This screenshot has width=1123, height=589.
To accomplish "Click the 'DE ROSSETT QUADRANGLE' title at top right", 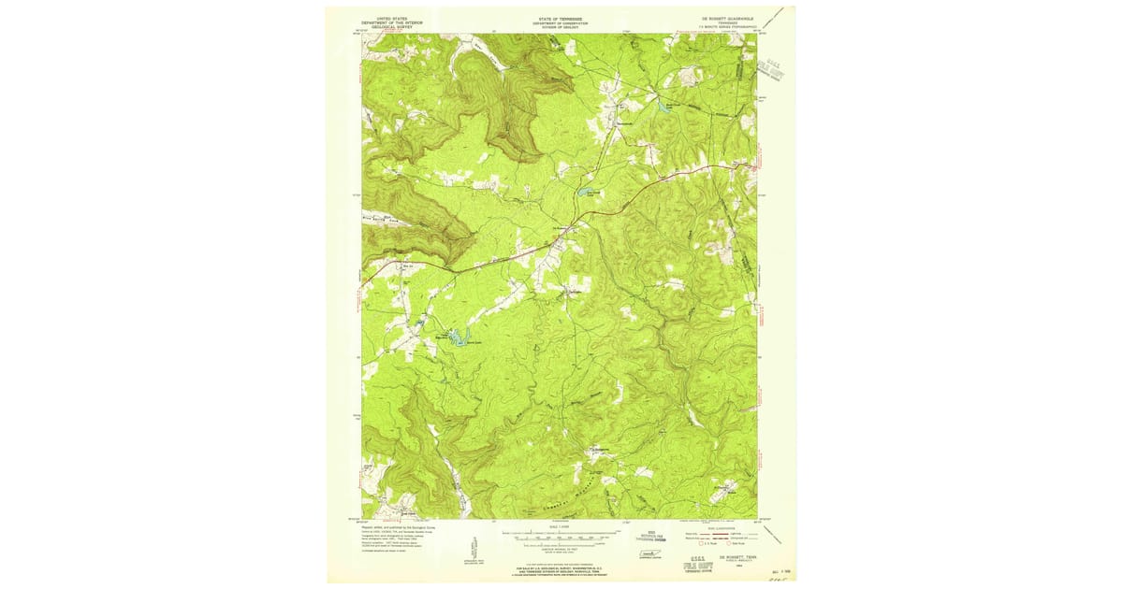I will (724, 18).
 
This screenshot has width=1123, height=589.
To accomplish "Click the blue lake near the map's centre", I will (586, 191).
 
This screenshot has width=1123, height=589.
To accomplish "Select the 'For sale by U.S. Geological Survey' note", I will (560, 567).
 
